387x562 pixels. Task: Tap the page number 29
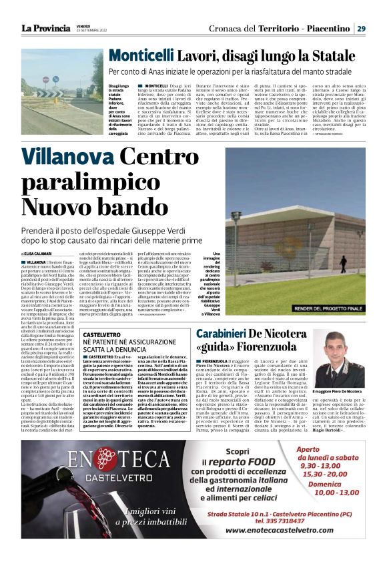tap(360, 28)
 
